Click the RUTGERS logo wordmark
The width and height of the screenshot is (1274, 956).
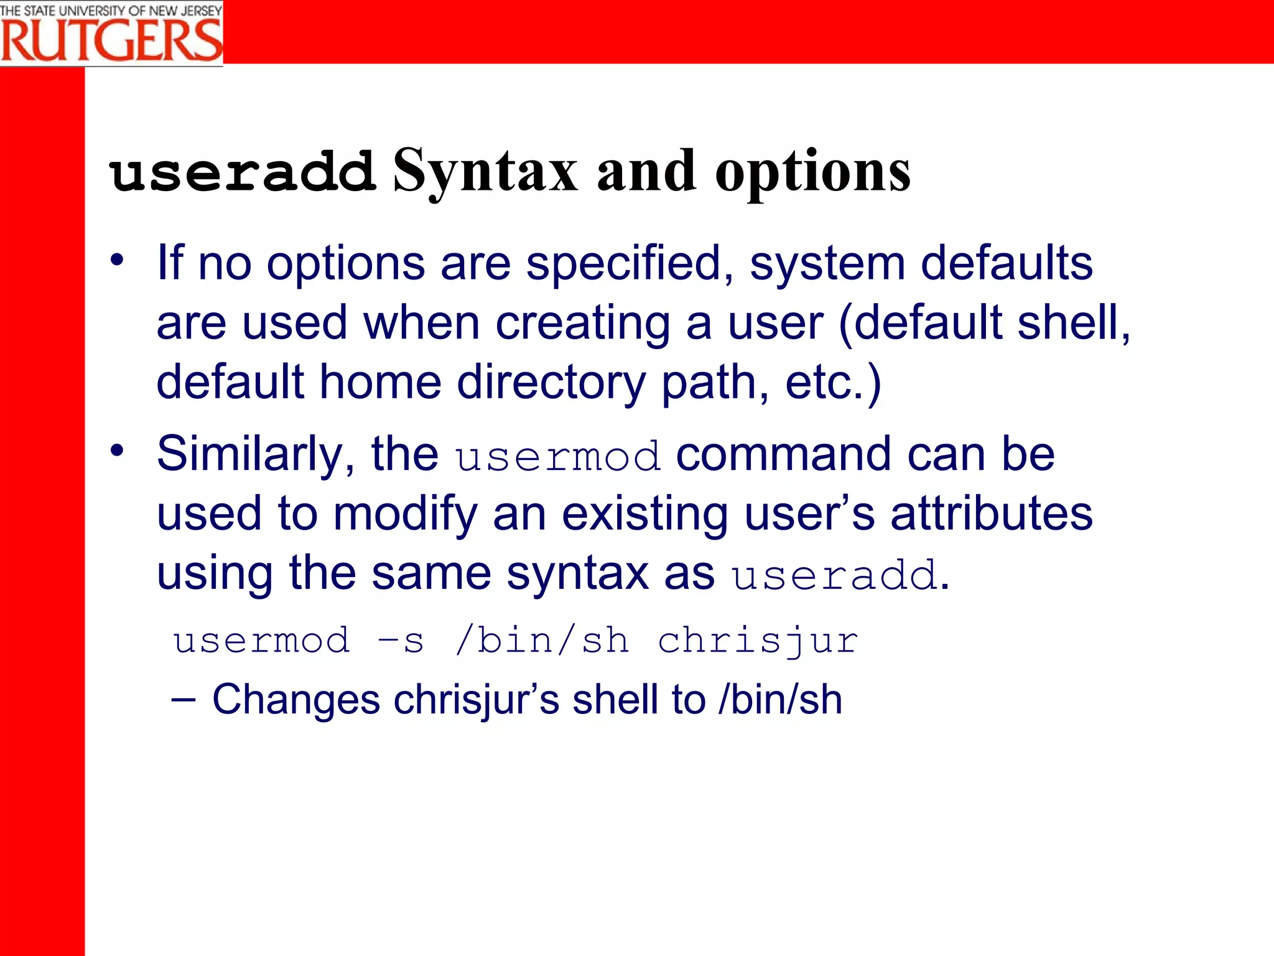[x=112, y=40]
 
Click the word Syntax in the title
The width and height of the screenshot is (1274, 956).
[x=485, y=171]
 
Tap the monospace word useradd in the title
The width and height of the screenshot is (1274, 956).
[x=243, y=172]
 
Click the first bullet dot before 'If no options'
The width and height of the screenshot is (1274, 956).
[x=117, y=260]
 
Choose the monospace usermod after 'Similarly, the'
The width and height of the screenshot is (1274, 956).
[x=557, y=456]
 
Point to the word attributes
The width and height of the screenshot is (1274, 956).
[x=992, y=513]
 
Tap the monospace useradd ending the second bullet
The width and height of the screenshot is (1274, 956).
[x=834, y=575]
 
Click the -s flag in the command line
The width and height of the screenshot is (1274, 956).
[x=401, y=640]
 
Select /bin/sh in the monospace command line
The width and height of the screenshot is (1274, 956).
[x=542, y=640]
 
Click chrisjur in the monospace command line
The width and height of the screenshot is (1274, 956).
[x=758, y=640]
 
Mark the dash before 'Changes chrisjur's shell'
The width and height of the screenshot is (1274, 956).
[x=184, y=700]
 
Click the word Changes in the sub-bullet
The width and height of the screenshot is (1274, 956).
[x=296, y=700]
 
